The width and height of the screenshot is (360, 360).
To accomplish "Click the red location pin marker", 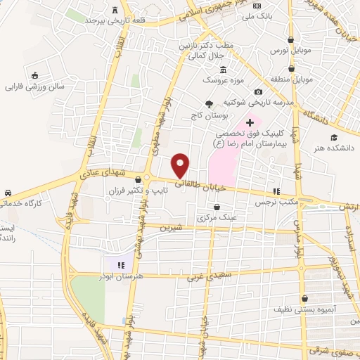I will coord(181,165).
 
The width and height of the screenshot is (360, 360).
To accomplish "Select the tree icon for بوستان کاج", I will coord(209,103).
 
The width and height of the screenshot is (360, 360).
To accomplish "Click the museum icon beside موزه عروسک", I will coord(224,70).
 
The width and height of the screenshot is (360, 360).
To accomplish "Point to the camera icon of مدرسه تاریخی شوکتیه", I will coord(258,91).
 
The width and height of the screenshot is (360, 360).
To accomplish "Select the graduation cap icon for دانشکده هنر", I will coord(335,137).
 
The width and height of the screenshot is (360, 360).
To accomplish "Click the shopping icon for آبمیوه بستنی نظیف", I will coord(304,298).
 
